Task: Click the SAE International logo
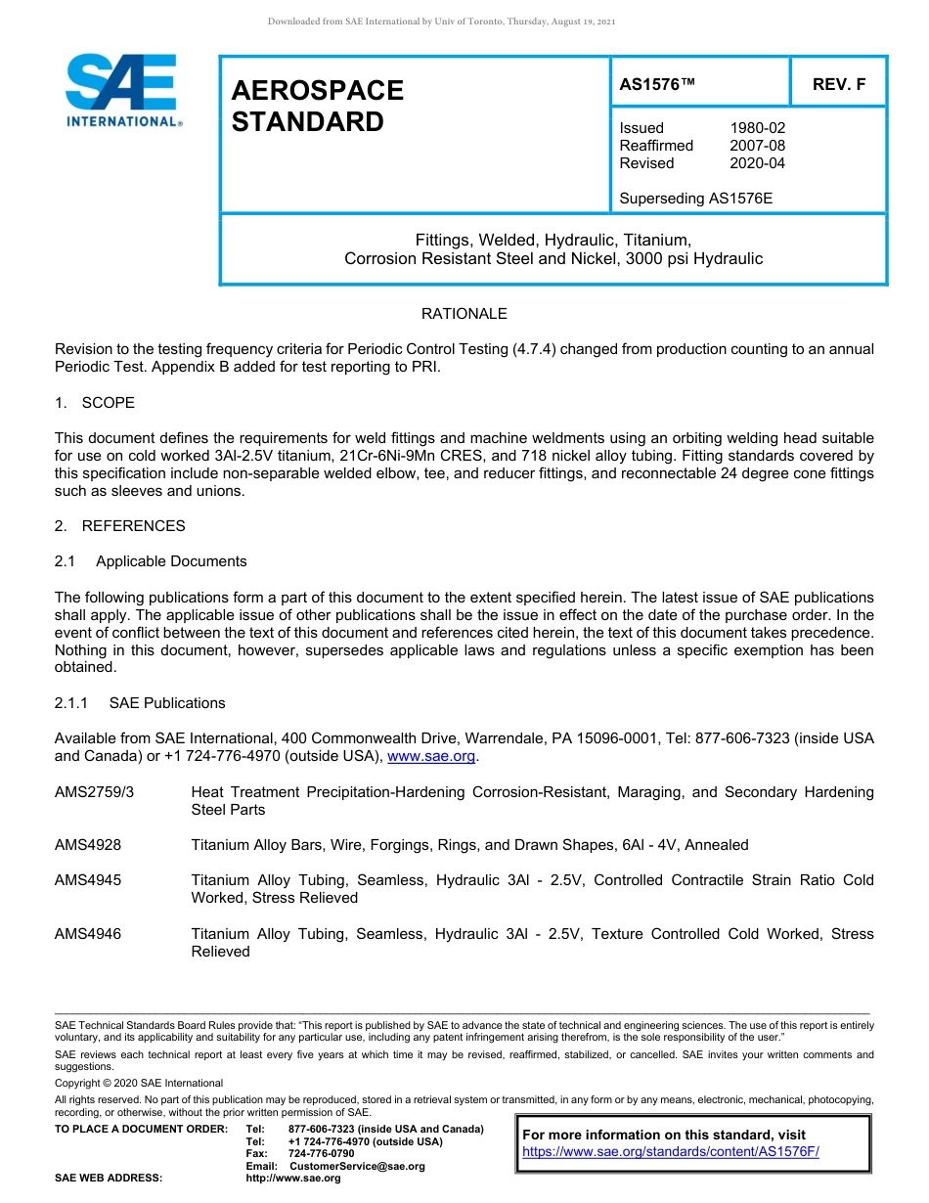click(122, 91)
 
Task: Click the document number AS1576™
click(657, 84)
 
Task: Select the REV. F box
click(838, 84)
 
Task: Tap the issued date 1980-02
click(757, 128)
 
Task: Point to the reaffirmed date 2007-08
click(757, 146)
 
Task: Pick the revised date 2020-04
click(757, 163)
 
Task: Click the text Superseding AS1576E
click(695, 199)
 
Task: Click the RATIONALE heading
click(464, 314)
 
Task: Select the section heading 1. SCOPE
click(95, 403)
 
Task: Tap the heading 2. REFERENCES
click(119, 526)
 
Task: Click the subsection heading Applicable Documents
click(171, 561)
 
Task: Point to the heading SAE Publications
click(167, 703)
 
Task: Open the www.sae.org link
click(431, 757)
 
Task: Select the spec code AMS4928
click(88, 845)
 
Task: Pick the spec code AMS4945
click(88, 880)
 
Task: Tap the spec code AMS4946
click(88, 934)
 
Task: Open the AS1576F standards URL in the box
click(670, 1152)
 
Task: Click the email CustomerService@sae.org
click(357, 1166)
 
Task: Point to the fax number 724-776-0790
click(322, 1154)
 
